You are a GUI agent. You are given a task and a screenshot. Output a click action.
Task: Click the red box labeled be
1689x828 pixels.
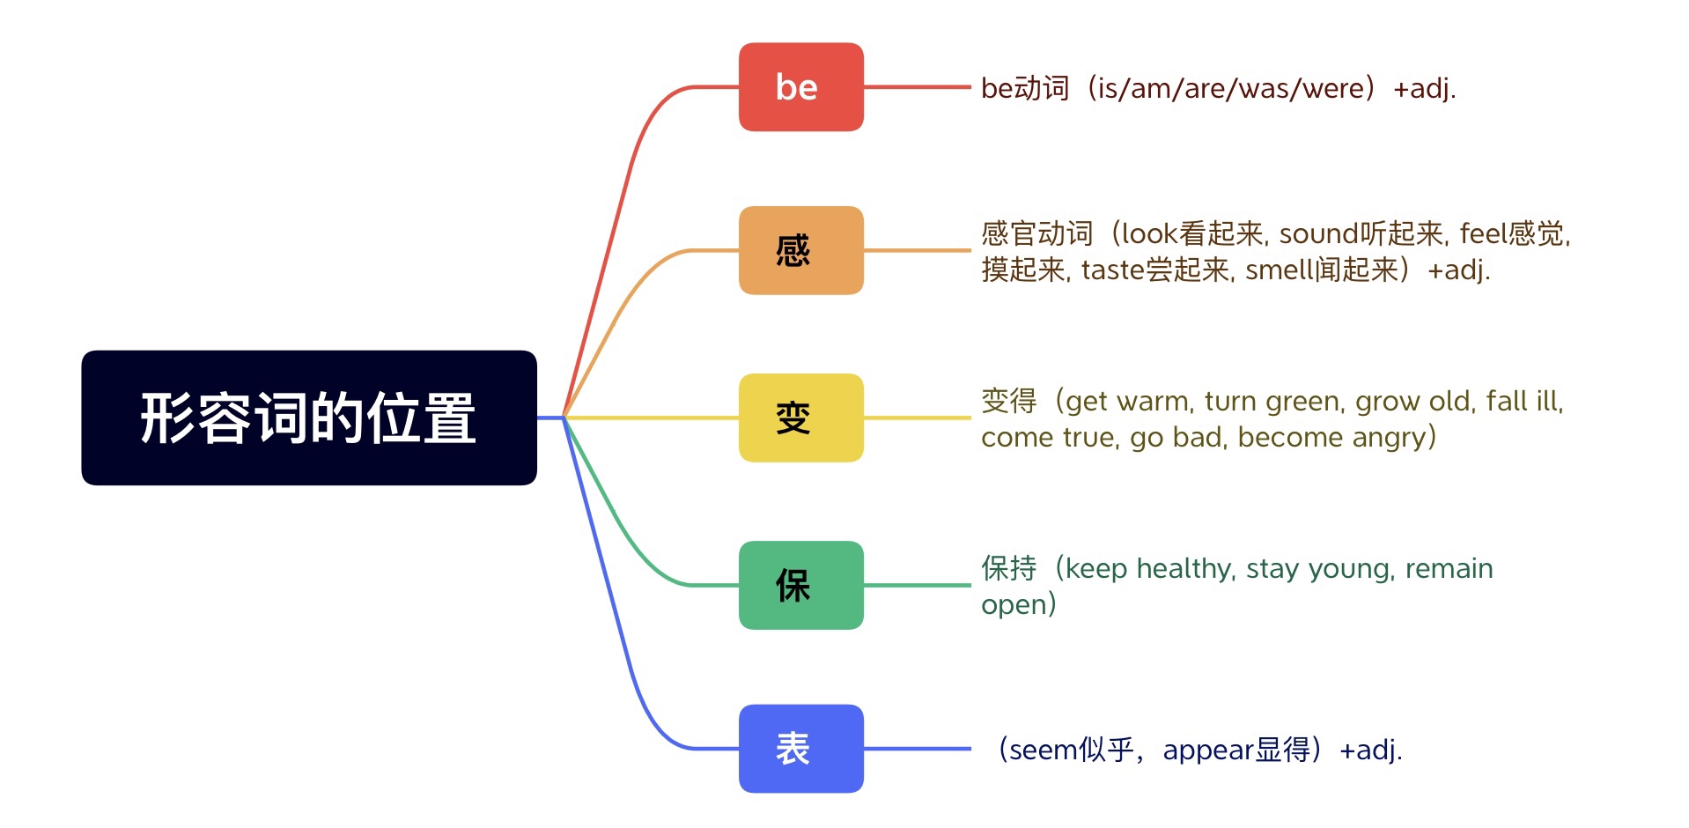800,87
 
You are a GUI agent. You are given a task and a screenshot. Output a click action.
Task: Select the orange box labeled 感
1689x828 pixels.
800,250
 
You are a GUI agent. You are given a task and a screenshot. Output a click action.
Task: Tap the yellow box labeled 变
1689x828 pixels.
800,418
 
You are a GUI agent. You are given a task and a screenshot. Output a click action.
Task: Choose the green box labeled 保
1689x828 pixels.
800,585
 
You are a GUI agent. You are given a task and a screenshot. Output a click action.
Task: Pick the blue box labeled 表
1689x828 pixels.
800,749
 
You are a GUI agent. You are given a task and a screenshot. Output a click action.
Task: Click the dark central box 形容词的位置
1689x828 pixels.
309,418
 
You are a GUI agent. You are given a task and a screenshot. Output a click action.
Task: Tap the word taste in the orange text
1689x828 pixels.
1112,270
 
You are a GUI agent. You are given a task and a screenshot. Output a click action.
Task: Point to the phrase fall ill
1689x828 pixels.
1523,402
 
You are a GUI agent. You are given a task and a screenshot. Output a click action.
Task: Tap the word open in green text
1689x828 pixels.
1012,606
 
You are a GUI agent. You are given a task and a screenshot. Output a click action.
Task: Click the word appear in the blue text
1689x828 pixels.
1207,750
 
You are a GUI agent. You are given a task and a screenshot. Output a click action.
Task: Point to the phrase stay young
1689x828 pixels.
1318,569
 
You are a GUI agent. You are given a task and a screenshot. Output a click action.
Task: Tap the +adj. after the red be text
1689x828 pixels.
1424,89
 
